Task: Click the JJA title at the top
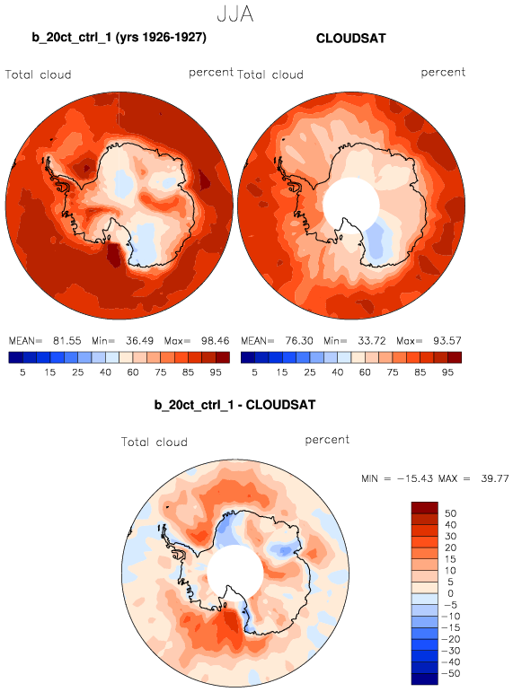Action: pos(235,14)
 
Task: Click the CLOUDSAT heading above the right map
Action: pos(351,39)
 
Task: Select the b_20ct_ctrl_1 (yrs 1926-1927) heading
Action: pos(119,37)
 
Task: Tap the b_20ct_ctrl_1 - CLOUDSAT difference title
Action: pos(234,405)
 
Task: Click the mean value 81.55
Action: pos(67,341)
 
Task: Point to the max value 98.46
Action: pos(216,341)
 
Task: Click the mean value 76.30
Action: pos(299,341)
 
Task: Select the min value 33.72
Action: pos(372,341)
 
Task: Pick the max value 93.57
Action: pos(447,341)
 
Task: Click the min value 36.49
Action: pos(139,341)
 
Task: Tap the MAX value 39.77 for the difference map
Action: pos(495,478)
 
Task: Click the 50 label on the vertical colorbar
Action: pos(451,513)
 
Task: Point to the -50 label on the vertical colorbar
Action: pos(451,673)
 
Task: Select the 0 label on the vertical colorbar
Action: pos(451,593)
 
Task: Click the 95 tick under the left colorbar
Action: pos(216,372)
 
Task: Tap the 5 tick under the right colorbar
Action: pos(254,372)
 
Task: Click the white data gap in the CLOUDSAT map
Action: pos(351,204)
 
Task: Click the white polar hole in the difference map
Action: pos(235,573)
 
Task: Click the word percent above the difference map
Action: pos(327,440)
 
